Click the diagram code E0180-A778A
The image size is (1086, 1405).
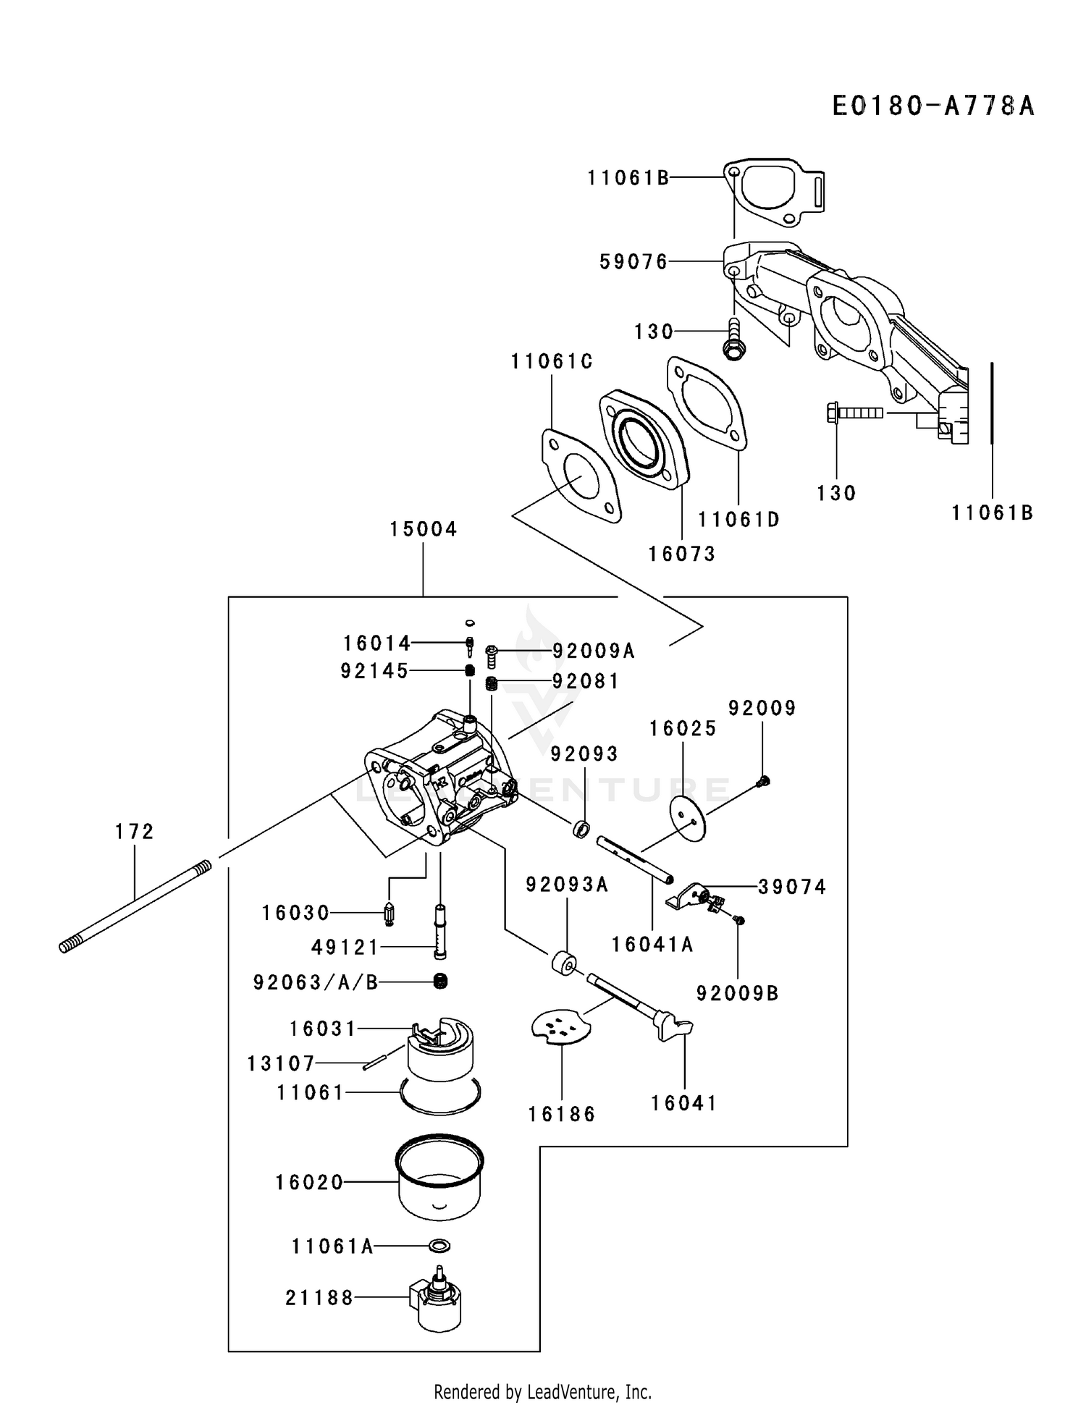(x=933, y=106)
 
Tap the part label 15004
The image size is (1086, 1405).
(x=424, y=529)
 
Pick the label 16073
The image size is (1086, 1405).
(x=682, y=554)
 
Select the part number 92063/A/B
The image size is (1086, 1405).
(x=316, y=982)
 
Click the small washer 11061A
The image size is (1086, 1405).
(x=439, y=1246)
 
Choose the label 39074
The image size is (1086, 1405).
(x=792, y=887)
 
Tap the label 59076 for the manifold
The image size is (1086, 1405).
(x=633, y=261)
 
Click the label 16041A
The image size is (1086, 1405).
(x=652, y=945)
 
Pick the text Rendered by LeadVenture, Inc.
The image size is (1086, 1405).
(x=542, y=1391)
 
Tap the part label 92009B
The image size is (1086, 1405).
(x=737, y=994)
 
